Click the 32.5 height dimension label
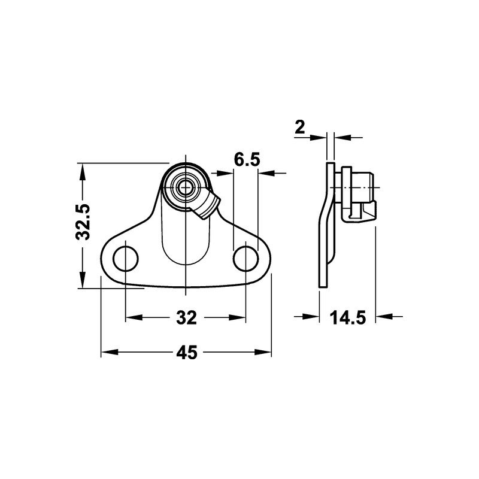coord(83,222)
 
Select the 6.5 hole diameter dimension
coord(247,160)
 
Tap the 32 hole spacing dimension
coord(186,318)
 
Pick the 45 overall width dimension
coord(186,353)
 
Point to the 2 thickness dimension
coord(301,126)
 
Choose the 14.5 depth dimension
coord(347,318)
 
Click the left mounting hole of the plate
coord(126,258)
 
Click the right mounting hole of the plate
coord(246,259)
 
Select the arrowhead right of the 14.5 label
coord(383,317)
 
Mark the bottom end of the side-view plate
coord(323,284)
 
